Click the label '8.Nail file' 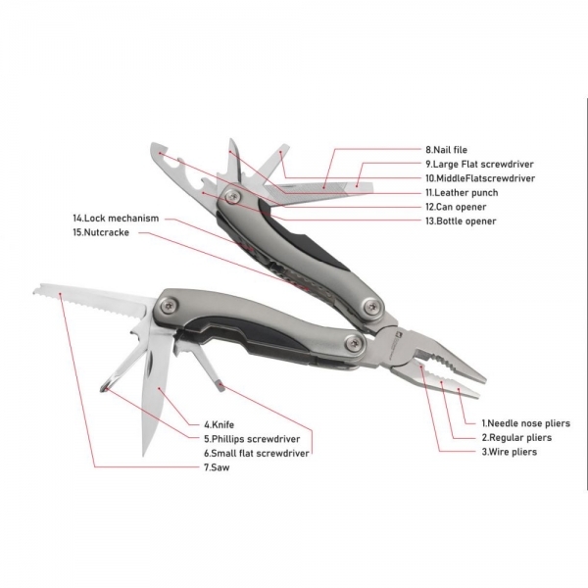click(x=446, y=150)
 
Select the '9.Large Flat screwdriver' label click(x=479, y=165)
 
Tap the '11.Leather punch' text click(x=462, y=193)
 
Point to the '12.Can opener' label click(x=456, y=207)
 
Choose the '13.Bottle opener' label click(x=461, y=221)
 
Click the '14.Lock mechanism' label click(x=116, y=219)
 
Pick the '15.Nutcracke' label click(x=101, y=232)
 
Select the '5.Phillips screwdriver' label click(x=252, y=439)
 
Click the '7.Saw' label click(x=217, y=467)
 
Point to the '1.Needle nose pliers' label click(x=525, y=423)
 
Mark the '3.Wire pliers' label click(x=510, y=452)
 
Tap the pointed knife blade click(x=155, y=390)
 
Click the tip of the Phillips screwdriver click(x=105, y=388)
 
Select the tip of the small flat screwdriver click(x=220, y=386)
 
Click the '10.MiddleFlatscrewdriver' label click(x=480, y=178)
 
